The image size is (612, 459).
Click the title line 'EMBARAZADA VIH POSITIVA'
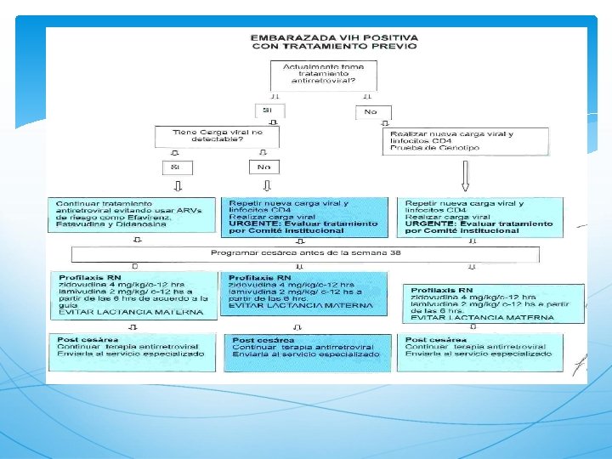[x=334, y=37]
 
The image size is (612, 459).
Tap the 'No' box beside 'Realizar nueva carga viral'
[x=371, y=111]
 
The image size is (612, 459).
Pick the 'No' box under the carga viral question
[x=264, y=167]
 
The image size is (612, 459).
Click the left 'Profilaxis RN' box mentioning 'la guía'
[x=134, y=294]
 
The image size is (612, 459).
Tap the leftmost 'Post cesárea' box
[x=134, y=352]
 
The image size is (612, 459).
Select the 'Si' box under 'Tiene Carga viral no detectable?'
[x=176, y=167]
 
